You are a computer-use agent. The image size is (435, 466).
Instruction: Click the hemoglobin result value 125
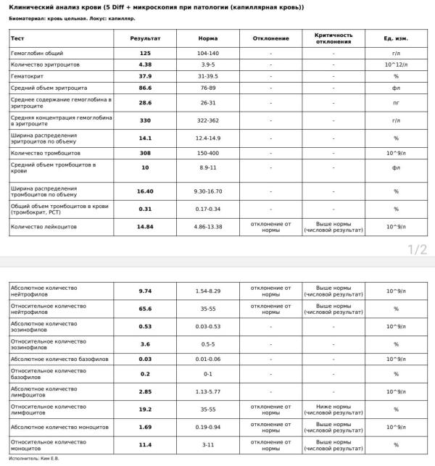[x=145, y=54]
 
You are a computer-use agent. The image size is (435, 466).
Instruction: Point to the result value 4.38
[x=145, y=65]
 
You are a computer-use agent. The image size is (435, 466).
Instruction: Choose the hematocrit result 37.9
[x=145, y=75]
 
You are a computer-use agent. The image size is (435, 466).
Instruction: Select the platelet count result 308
[x=145, y=154]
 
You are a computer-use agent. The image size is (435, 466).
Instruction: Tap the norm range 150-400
[x=208, y=154]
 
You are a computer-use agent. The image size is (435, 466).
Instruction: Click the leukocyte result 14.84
[x=145, y=227]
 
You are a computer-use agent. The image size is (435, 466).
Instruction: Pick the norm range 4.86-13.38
[x=208, y=227]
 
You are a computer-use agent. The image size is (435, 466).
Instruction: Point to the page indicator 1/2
[x=418, y=250]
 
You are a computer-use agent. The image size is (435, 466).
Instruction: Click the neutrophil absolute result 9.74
[x=145, y=291]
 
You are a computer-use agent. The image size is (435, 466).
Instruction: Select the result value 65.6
[x=145, y=309]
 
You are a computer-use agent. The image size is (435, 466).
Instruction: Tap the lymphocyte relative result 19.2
[x=145, y=409]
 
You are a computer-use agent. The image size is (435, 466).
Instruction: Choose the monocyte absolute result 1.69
[x=145, y=427]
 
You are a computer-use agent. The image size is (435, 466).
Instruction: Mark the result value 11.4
[x=145, y=445]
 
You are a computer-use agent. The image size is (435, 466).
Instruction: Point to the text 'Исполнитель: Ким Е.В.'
[x=35, y=459]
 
